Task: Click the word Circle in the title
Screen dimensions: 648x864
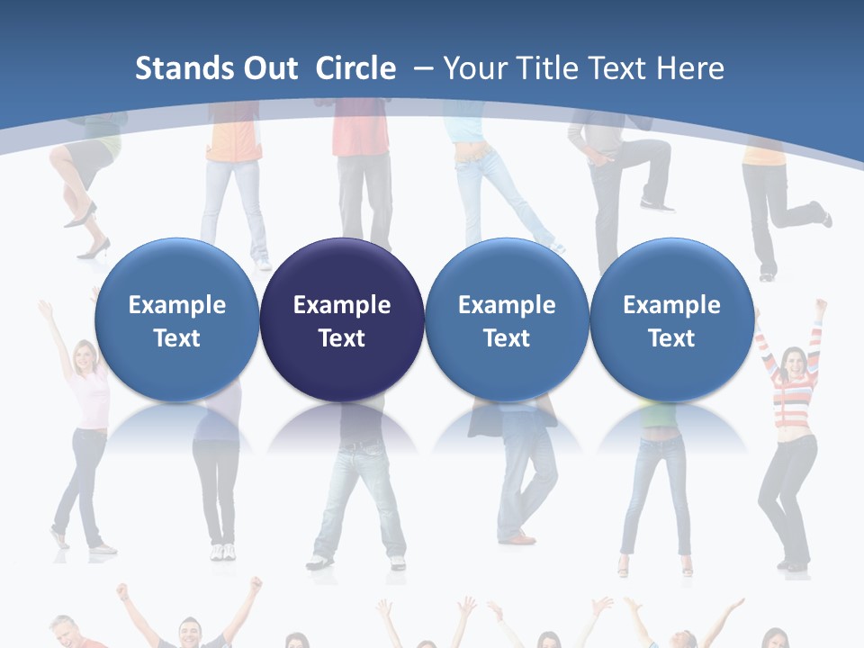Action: (355, 68)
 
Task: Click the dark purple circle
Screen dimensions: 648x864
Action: (342, 319)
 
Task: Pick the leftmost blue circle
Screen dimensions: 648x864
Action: (176, 319)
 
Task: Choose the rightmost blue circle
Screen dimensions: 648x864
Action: (671, 319)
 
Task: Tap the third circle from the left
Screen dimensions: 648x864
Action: (507, 319)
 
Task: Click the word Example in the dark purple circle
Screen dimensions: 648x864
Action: (342, 305)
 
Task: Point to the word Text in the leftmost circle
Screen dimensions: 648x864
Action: (176, 338)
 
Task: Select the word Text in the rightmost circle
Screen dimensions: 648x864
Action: (671, 338)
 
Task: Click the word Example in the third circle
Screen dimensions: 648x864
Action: (507, 305)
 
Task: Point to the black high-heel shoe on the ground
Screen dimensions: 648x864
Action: (94, 249)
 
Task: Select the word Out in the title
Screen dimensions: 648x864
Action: (268, 68)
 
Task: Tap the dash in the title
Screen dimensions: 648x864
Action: (424, 68)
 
